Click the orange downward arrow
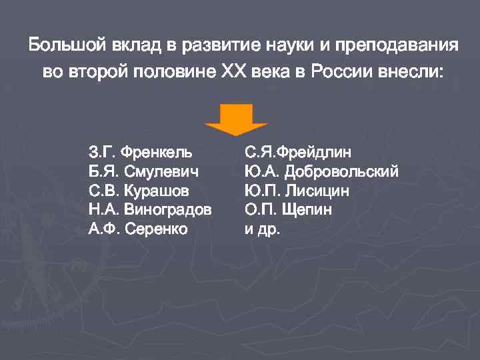point(236,117)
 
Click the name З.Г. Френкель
point(139,152)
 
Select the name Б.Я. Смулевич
point(143,171)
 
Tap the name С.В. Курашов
point(139,191)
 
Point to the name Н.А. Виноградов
point(150,210)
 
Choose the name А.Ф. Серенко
point(138,229)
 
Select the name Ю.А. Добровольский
point(321,171)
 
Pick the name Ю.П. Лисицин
point(297,191)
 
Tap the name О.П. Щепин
point(288,210)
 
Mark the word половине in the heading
point(172,71)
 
